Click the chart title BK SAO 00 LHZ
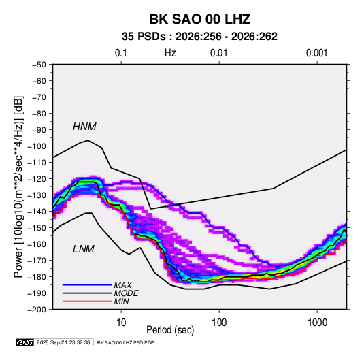point(199,19)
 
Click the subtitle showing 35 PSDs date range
point(199,37)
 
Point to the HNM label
point(84,127)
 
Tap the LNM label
point(84,249)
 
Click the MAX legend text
point(122,285)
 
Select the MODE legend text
point(126,293)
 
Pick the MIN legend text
point(121,301)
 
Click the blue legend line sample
point(87,285)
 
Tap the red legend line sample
point(87,301)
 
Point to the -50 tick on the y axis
point(39,65)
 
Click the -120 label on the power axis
point(37,179)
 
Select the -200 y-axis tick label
point(37,310)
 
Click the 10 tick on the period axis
point(121,323)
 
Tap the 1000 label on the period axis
point(317,323)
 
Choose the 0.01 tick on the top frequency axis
point(218,53)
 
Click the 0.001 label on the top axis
point(316,53)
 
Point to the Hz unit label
point(170,53)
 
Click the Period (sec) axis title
point(170,330)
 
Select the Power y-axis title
point(18,186)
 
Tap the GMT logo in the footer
point(24,342)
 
